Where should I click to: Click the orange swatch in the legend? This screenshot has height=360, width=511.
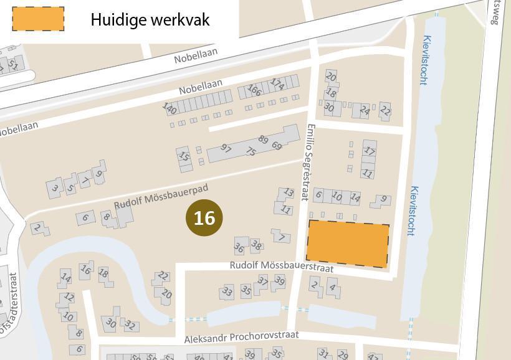[38, 19]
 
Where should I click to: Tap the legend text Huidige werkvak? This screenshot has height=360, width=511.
[150, 19]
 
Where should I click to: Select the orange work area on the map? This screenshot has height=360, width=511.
[348, 244]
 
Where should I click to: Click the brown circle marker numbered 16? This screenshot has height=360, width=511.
[204, 218]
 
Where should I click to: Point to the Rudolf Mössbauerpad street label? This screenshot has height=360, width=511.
[161, 196]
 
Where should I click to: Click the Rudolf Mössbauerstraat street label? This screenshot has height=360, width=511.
[282, 266]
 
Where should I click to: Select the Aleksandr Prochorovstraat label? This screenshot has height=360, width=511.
[241, 338]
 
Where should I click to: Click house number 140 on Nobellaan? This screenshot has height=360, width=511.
[170, 108]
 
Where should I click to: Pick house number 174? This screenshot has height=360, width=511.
[277, 83]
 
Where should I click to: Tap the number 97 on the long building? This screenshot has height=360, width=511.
[226, 149]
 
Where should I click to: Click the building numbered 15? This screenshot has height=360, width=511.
[183, 156]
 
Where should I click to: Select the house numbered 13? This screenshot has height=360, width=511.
[288, 193]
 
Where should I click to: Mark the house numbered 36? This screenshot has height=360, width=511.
[239, 247]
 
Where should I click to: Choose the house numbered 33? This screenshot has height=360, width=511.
[227, 291]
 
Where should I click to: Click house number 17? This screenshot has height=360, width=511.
[370, 151]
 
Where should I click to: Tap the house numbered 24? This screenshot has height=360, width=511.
[364, 110]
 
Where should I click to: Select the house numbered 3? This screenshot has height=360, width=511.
[55, 187]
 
